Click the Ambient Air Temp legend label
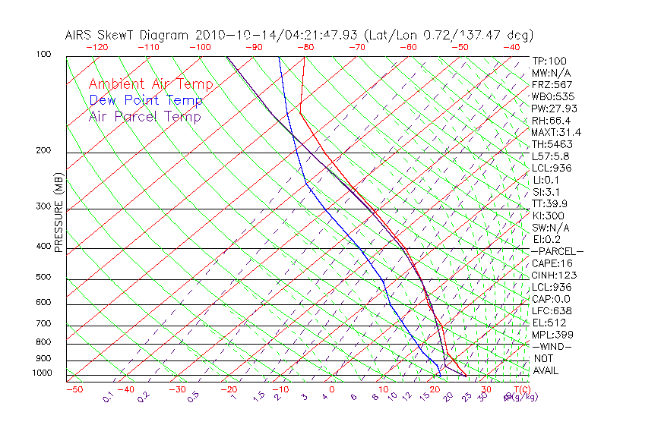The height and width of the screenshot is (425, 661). pyautogui.click(x=150, y=84)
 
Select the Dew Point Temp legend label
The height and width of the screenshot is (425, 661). pyautogui.click(x=146, y=100)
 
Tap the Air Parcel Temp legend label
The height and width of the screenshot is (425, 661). pyautogui.click(x=144, y=116)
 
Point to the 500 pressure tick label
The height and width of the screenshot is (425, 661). pyautogui.click(x=43, y=277)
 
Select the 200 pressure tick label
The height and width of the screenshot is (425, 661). pyautogui.click(x=43, y=150)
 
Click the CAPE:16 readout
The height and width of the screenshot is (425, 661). pyautogui.click(x=552, y=263)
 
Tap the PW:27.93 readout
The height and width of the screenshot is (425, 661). pyautogui.click(x=555, y=109)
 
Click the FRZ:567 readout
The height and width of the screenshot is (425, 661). pyautogui.click(x=552, y=84)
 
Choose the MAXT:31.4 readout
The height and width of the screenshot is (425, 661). pyautogui.click(x=557, y=132)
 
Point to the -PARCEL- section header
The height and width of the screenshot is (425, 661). pyautogui.click(x=558, y=251)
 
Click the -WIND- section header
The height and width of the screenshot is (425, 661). pyautogui.click(x=552, y=346)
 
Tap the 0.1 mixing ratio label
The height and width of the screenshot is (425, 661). pyautogui.click(x=108, y=396)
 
